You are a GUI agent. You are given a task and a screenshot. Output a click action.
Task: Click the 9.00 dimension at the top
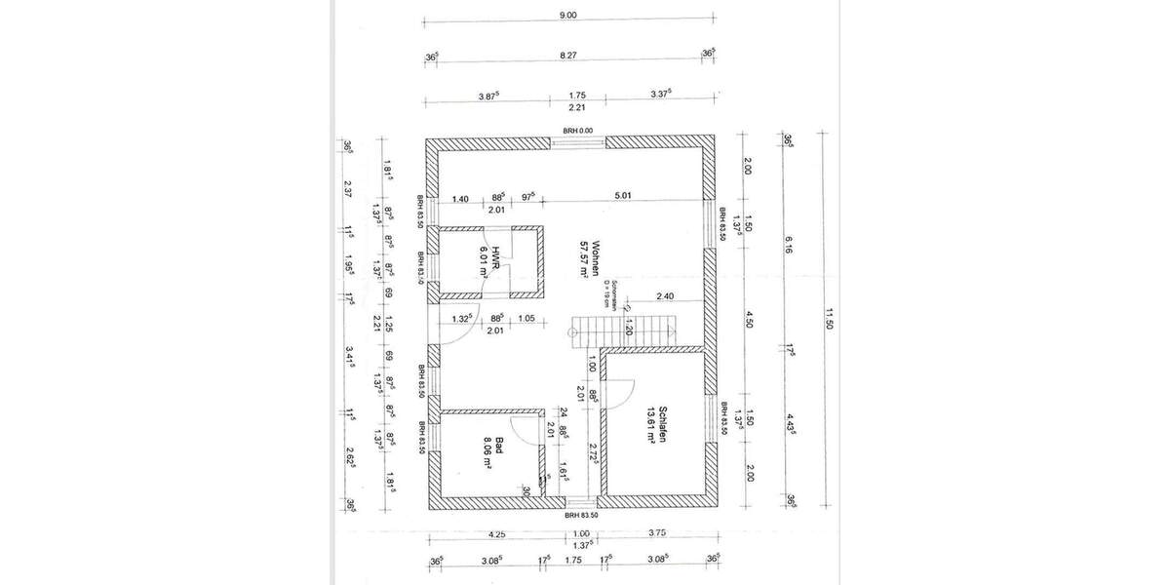pyautogui.click(x=569, y=15)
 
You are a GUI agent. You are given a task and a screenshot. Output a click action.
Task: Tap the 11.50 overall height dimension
pyautogui.click(x=831, y=318)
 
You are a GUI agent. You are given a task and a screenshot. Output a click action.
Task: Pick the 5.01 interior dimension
pyautogui.click(x=624, y=196)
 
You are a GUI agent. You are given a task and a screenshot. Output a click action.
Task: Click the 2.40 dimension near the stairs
pyautogui.click(x=665, y=295)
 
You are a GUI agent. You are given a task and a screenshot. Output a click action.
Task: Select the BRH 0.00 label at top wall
pyautogui.click(x=577, y=131)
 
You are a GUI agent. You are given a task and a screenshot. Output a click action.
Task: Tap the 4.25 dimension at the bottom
pyautogui.click(x=497, y=533)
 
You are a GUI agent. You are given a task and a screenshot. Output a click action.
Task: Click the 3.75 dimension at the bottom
pyautogui.click(x=655, y=533)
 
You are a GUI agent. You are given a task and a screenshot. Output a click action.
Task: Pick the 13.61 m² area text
pyautogui.click(x=646, y=425)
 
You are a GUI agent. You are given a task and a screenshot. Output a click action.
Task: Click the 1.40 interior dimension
pyautogui.click(x=461, y=198)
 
